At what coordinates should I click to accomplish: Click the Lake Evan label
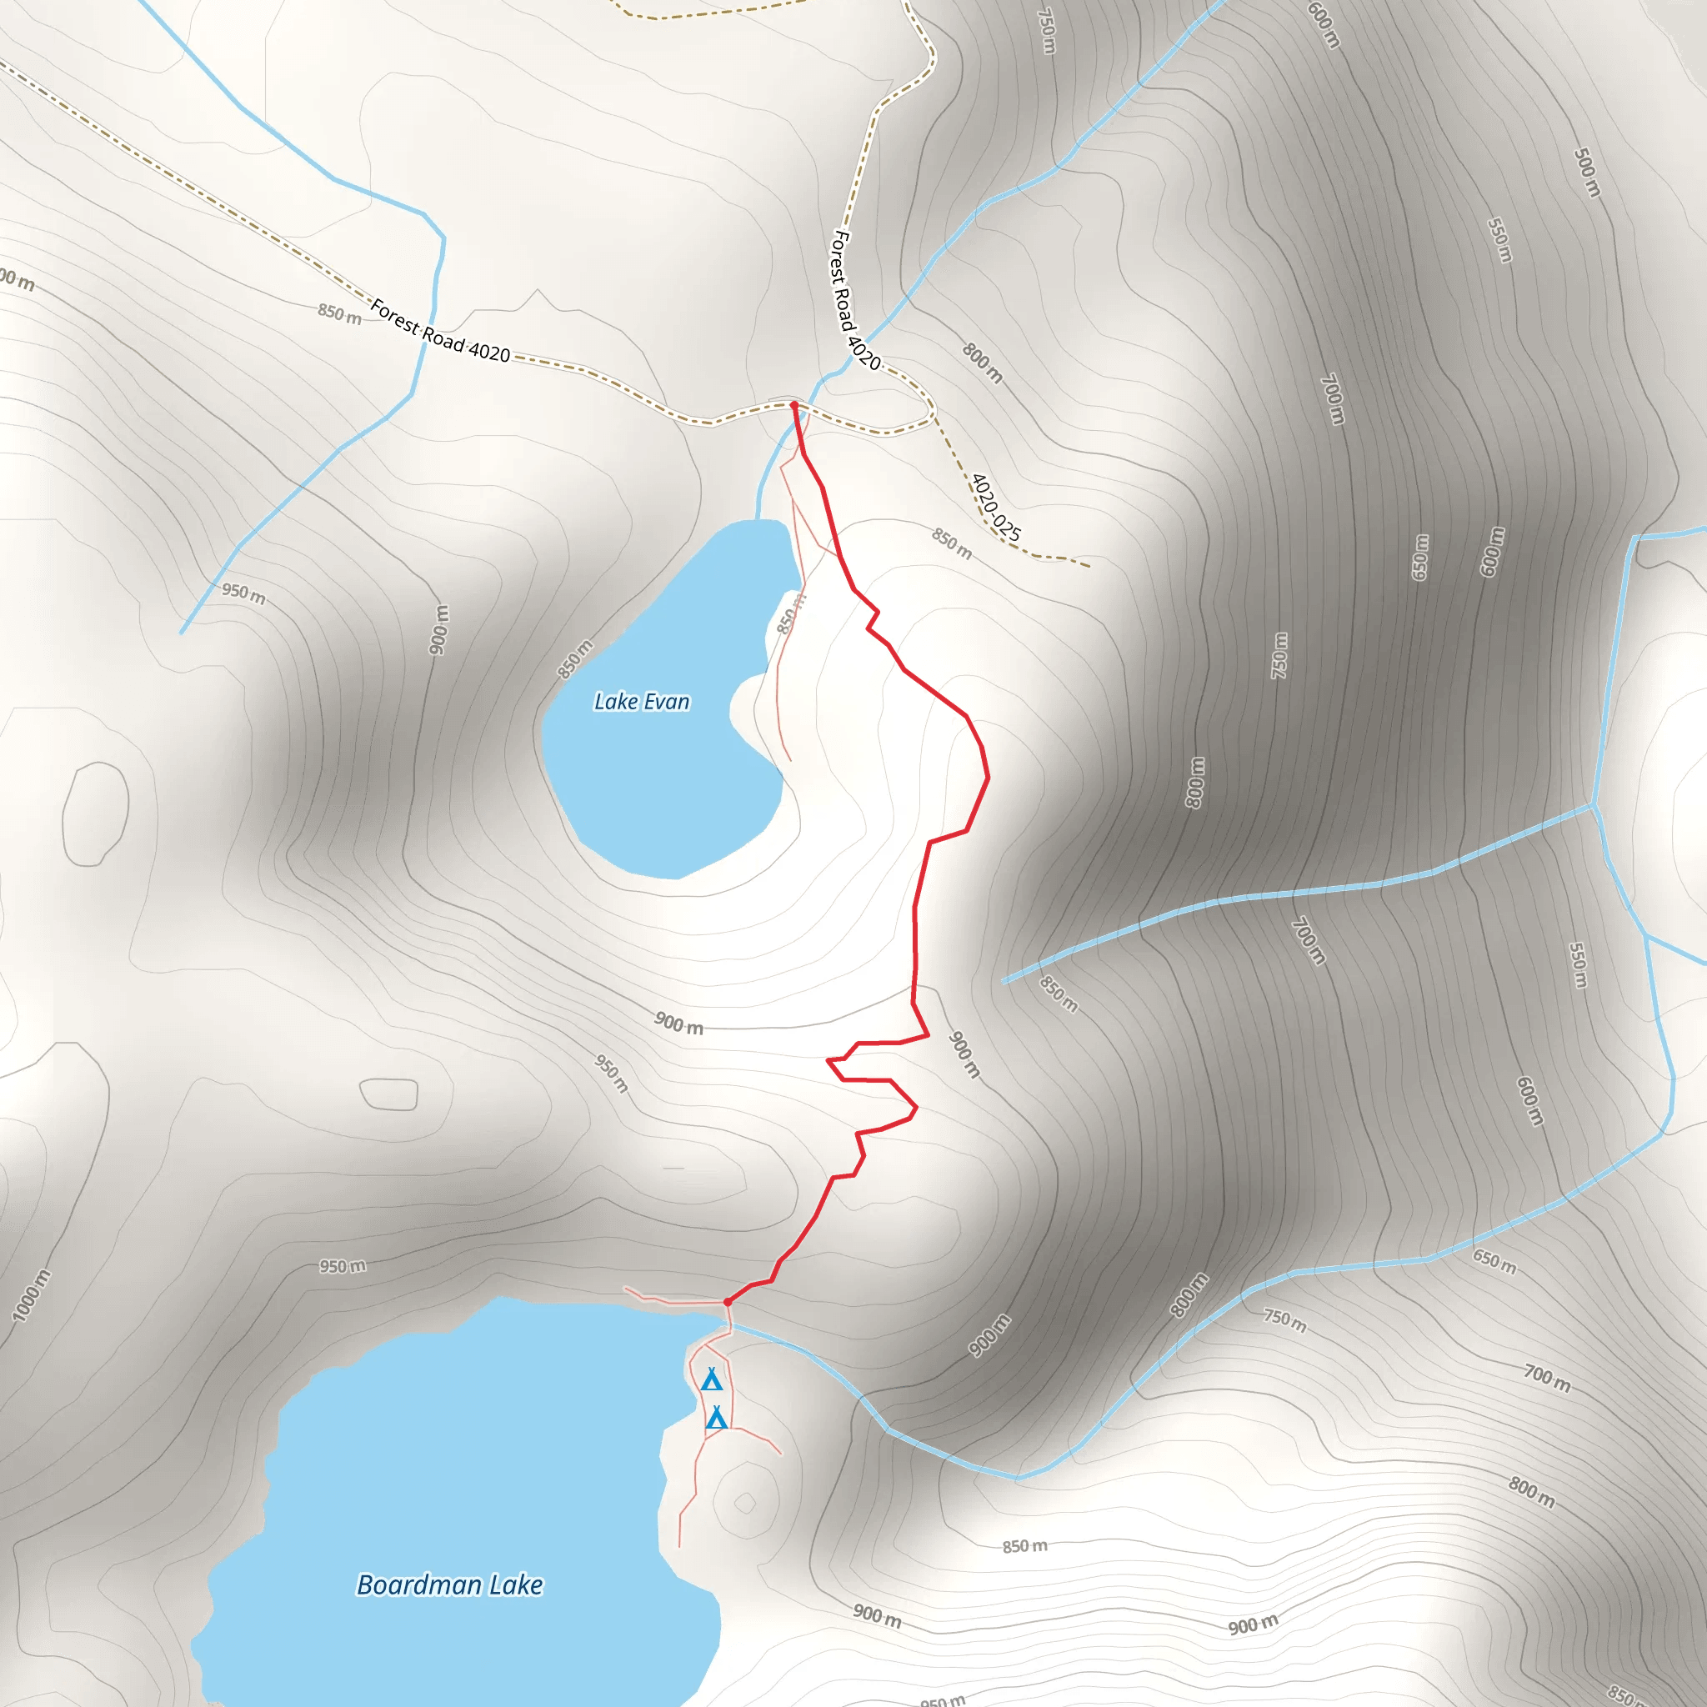[x=642, y=702]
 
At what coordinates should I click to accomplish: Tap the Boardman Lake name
[x=450, y=1584]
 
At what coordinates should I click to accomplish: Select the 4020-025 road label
[x=996, y=507]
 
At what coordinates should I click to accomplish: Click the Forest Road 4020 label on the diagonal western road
[x=440, y=332]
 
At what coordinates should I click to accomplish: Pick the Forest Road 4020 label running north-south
[x=856, y=300]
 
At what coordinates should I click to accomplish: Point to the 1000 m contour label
[x=31, y=1295]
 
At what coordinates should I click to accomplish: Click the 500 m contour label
[x=1587, y=173]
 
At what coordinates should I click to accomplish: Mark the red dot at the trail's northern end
[x=793, y=404]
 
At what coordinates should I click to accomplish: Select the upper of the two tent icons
[x=711, y=1380]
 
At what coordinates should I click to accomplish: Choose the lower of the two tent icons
[x=717, y=1418]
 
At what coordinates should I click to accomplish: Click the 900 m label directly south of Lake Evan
[x=678, y=1024]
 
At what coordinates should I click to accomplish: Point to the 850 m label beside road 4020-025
[x=952, y=544]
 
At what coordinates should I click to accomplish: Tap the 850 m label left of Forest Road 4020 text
[x=340, y=313]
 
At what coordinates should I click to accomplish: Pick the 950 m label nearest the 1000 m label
[x=343, y=1267]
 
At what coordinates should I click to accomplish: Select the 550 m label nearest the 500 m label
[x=1499, y=239]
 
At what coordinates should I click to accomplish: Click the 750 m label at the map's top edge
[x=1046, y=31]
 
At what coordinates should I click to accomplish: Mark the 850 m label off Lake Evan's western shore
[x=574, y=659]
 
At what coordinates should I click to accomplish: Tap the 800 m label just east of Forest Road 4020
[x=983, y=363]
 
